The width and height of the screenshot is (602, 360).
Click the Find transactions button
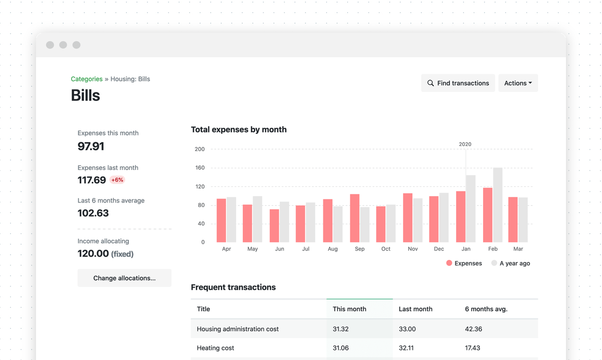tap(458, 83)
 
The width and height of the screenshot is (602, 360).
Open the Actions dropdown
tap(518, 83)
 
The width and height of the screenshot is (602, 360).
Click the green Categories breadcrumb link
tap(87, 79)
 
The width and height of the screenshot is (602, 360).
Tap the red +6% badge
tap(117, 180)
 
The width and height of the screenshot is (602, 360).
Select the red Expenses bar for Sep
tap(355, 218)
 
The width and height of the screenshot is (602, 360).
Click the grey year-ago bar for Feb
tap(498, 205)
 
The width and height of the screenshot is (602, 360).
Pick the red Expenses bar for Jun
tap(274, 225)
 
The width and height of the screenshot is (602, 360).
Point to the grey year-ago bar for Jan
tap(471, 208)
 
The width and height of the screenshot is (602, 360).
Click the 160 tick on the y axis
tap(200, 168)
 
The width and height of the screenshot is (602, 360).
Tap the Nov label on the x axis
tap(413, 249)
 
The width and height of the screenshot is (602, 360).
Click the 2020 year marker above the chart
tap(465, 144)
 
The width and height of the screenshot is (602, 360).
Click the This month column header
tap(349, 309)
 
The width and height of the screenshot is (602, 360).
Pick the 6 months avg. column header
tap(486, 309)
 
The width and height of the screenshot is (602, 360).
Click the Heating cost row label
tap(216, 348)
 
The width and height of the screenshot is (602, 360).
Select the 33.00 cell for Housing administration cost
tap(407, 329)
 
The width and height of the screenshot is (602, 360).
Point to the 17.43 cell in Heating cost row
tap(473, 348)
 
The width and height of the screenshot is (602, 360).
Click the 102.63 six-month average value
tap(93, 213)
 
